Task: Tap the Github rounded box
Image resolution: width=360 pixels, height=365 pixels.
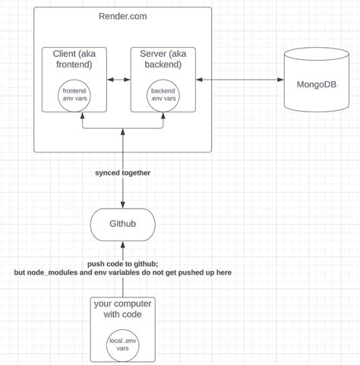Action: [122, 224]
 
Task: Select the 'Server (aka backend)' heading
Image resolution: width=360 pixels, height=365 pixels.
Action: [163, 59]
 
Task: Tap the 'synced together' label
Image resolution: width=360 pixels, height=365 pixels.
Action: [122, 173]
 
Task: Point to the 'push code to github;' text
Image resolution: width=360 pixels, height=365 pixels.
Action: [122, 262]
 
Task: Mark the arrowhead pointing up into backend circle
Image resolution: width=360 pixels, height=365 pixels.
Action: [163, 115]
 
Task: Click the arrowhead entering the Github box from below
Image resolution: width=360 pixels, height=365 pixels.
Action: [122, 243]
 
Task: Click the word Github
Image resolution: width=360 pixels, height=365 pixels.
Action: [122, 224]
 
